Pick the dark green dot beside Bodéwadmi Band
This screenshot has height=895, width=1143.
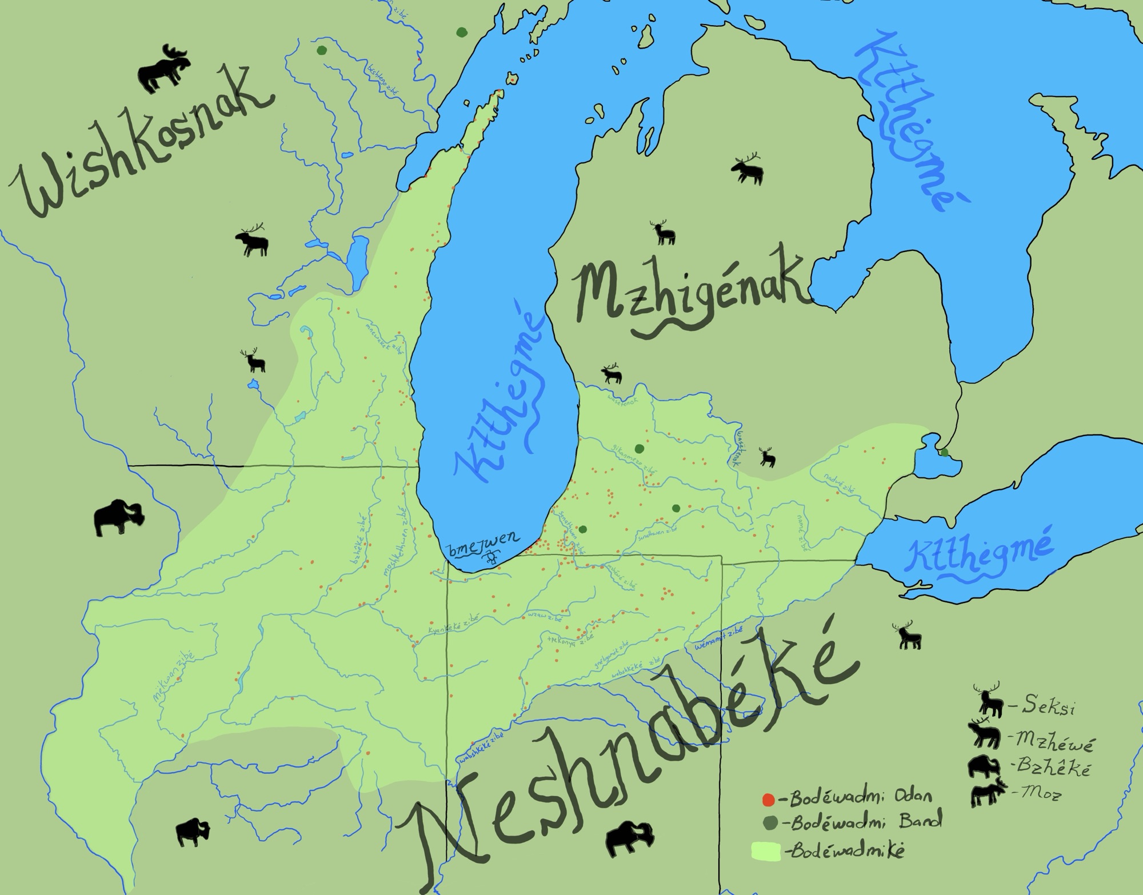pos(769,823)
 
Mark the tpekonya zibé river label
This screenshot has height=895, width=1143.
pos(570,637)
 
